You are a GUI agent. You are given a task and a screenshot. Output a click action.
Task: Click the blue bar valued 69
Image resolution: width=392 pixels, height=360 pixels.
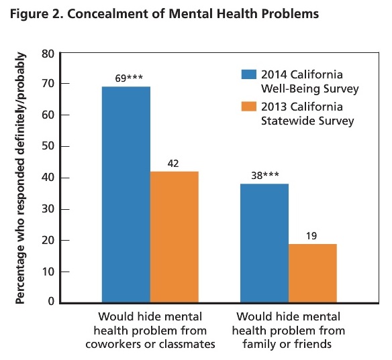(126, 194)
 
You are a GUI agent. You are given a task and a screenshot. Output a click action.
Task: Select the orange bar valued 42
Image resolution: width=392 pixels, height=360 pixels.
(175, 237)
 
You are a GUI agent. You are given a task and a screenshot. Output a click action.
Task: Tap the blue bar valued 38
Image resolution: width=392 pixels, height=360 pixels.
(264, 243)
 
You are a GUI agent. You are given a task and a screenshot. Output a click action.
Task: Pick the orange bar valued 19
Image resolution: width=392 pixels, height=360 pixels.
(313, 274)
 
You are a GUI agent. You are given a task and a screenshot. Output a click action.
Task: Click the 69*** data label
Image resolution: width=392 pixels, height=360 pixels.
(129, 78)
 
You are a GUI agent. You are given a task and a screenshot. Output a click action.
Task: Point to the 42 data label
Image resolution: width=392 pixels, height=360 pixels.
(173, 164)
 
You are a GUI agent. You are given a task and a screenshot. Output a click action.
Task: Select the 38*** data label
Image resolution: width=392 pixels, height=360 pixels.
(265, 176)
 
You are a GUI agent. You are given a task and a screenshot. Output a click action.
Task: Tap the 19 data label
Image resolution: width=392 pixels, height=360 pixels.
(311, 236)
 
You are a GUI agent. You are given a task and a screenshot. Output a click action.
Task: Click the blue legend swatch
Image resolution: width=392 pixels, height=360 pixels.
(249, 74)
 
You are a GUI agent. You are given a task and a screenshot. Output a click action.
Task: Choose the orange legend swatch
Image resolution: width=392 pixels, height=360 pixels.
(249, 107)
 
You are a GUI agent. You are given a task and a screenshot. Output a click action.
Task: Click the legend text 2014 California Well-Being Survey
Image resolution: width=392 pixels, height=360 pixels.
(309, 82)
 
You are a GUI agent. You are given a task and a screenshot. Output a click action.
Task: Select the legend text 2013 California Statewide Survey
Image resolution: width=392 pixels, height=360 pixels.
(307, 114)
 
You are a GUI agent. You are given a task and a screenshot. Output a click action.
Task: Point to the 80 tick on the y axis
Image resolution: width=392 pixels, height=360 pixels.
(48, 54)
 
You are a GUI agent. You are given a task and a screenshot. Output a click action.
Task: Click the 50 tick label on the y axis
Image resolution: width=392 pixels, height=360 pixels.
(48, 146)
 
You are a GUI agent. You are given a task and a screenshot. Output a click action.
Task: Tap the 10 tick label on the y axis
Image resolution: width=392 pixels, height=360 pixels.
(48, 272)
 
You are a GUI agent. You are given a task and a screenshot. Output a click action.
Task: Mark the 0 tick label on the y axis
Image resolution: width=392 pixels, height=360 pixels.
(51, 301)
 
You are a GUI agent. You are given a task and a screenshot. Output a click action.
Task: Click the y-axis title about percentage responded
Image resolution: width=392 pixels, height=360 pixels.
(20, 178)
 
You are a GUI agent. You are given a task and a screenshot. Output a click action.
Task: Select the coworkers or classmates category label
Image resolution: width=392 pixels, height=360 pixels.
(150, 331)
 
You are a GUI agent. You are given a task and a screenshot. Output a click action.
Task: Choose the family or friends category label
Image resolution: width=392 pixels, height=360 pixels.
(289, 331)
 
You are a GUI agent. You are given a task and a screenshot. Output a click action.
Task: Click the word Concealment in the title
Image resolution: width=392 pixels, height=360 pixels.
(116, 13)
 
